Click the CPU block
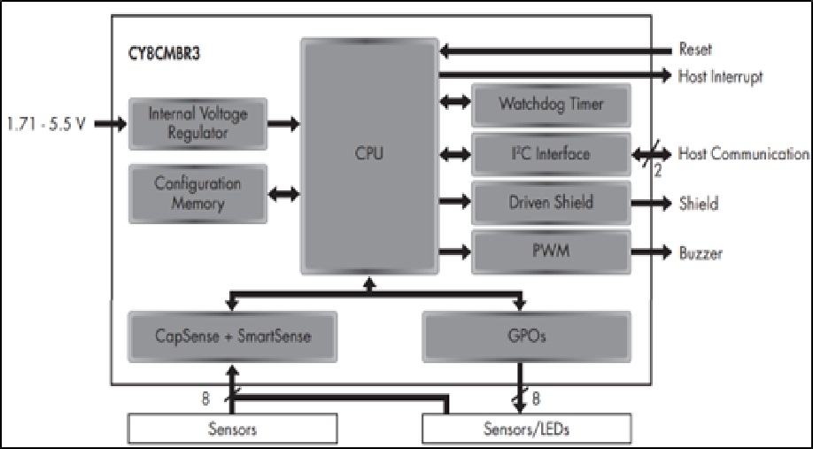(x=369, y=154)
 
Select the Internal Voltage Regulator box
(x=197, y=124)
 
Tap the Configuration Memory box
(x=197, y=194)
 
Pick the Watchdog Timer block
(x=551, y=105)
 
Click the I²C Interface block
(x=551, y=154)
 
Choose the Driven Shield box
(x=551, y=203)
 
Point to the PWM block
(x=551, y=252)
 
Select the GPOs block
(x=526, y=336)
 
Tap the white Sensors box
(x=232, y=430)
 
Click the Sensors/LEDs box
(x=526, y=430)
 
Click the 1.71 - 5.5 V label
(x=45, y=124)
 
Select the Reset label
(x=695, y=50)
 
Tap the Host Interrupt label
(x=720, y=76)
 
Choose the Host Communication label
(x=743, y=154)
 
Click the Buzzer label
(x=701, y=253)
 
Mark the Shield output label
(x=698, y=204)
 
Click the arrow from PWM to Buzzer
(x=653, y=252)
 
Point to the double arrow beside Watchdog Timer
(x=455, y=105)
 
